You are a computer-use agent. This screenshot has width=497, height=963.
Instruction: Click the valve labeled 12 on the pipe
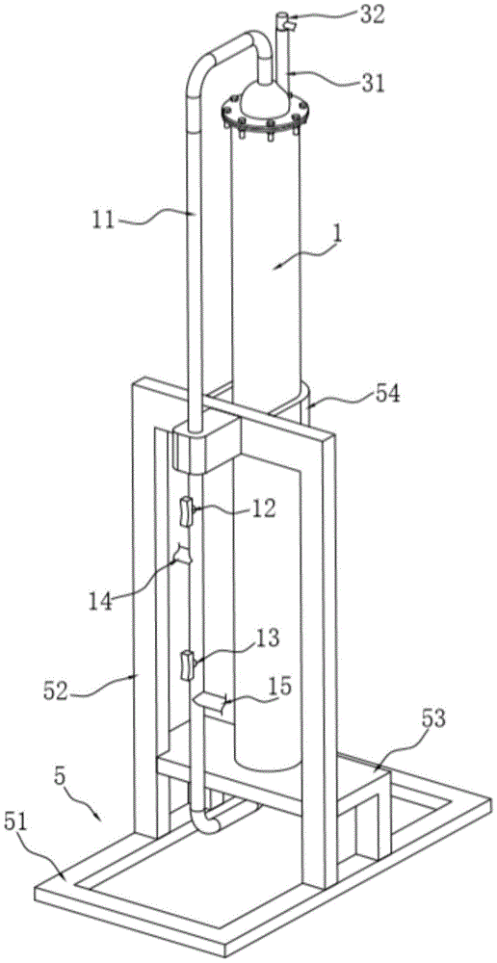[187, 512]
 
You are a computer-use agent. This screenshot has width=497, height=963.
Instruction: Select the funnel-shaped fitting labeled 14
[182, 555]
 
